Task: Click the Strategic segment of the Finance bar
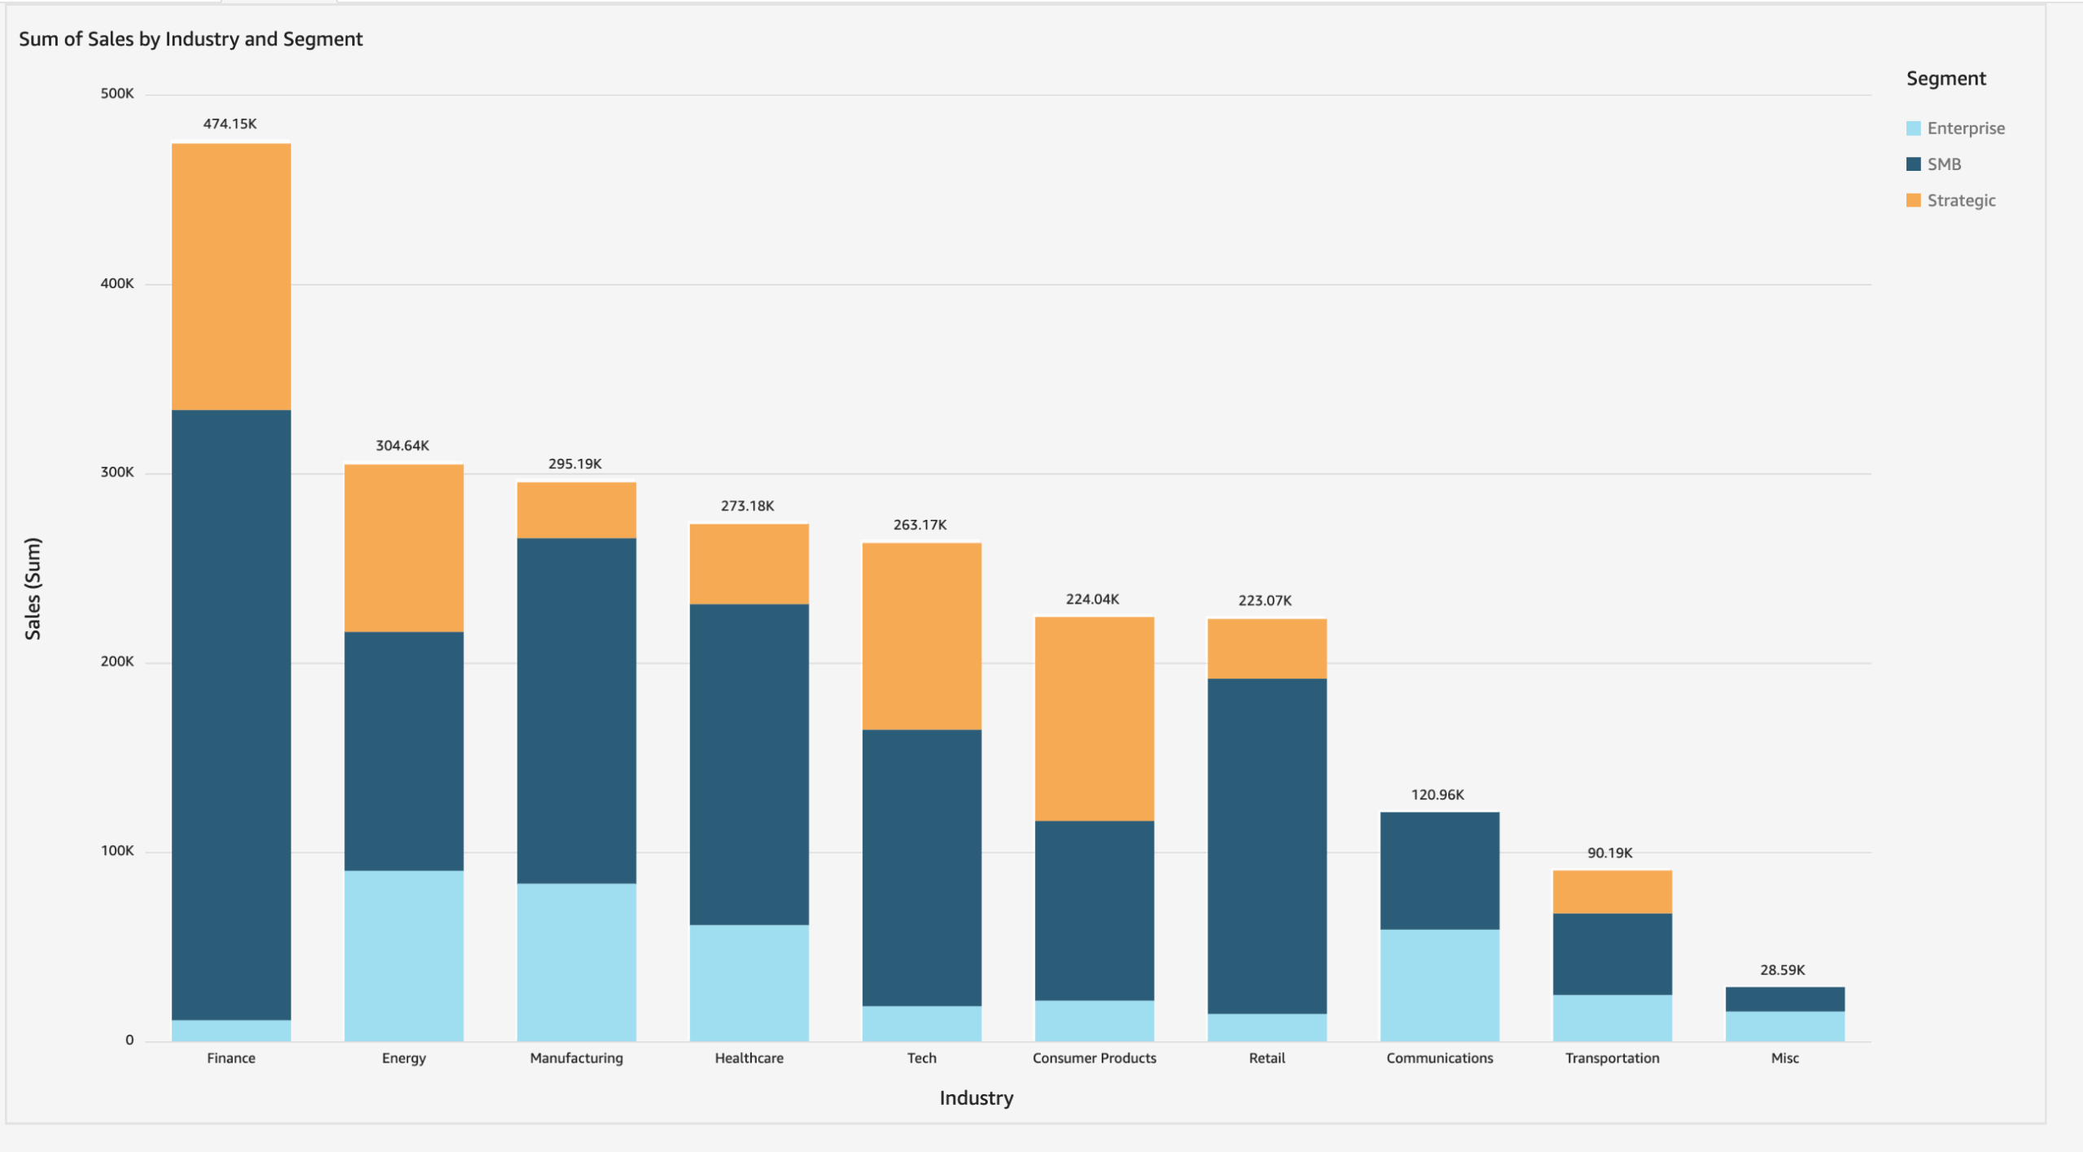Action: coord(231,277)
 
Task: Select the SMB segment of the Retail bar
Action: coord(1267,846)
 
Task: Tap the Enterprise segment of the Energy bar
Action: coord(404,956)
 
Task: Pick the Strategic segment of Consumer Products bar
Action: coord(1094,718)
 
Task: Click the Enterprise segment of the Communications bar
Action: coord(1439,985)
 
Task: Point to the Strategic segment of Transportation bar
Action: coord(1612,892)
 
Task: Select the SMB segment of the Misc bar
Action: coord(1784,999)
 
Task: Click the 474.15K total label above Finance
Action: coord(229,124)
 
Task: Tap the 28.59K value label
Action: coord(1782,970)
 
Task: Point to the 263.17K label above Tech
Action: coord(919,525)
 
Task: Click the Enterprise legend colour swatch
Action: coord(1913,129)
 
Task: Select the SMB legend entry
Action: coord(1943,164)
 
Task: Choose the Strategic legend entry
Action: coord(1960,201)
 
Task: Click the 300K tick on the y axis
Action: coord(117,473)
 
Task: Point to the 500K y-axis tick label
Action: coord(117,94)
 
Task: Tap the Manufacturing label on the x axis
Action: coord(576,1058)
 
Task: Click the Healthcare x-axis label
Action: coord(749,1058)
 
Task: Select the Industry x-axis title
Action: coord(976,1097)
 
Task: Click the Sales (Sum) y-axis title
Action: coord(33,588)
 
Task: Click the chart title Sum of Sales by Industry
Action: coord(190,39)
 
